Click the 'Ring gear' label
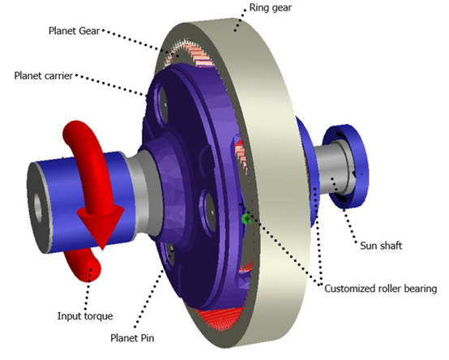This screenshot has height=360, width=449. (x=271, y=8)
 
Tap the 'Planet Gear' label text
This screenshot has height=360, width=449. (x=75, y=31)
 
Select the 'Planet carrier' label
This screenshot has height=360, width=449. (x=44, y=75)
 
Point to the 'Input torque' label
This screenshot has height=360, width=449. (x=85, y=316)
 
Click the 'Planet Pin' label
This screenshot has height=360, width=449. (x=132, y=338)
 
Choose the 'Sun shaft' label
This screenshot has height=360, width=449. (x=381, y=246)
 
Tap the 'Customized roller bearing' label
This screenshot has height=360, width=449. (x=381, y=289)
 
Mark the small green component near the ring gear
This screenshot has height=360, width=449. (x=246, y=219)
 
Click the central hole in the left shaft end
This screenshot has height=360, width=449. (x=38, y=205)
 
